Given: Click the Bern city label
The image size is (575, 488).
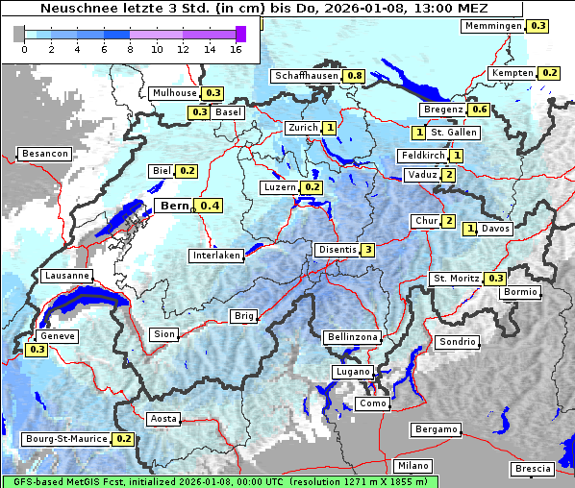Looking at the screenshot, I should (174, 206).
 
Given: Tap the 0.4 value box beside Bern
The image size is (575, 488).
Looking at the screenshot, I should (209, 206).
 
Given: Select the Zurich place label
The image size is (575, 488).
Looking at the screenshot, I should (303, 128).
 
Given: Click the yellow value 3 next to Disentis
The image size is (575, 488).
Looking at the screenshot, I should (368, 250).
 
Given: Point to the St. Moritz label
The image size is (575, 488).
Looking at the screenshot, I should (455, 279).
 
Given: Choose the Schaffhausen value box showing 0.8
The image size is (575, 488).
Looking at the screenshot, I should (354, 75).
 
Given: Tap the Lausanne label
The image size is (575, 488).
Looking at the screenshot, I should (67, 276).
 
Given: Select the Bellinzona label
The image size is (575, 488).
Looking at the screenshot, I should (352, 337).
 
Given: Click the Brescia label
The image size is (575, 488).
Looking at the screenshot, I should (534, 469).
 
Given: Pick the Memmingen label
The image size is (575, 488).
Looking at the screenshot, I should (492, 26).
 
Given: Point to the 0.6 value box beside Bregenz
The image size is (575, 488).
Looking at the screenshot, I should (479, 110).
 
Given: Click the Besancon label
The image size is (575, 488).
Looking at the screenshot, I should (45, 154).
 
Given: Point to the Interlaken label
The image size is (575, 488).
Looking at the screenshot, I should (216, 256).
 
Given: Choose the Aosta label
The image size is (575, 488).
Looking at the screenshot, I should (163, 419).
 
